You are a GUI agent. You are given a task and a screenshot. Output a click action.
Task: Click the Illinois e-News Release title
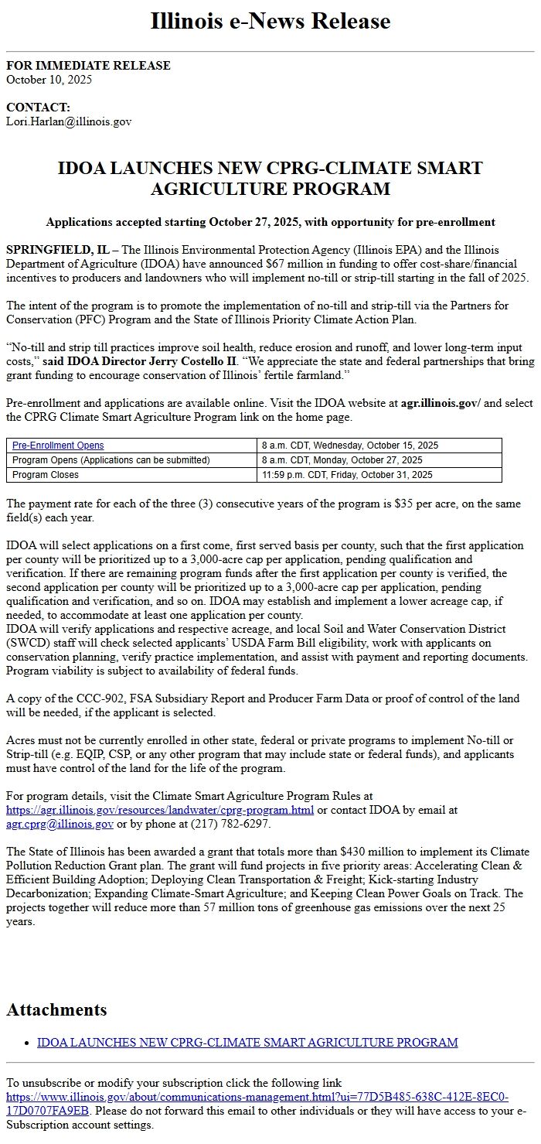tap(270, 21)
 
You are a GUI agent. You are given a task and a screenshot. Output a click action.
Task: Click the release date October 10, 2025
tap(49, 80)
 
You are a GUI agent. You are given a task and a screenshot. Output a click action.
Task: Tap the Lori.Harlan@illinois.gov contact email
tap(69, 121)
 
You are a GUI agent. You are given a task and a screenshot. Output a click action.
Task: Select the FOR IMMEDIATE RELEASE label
tap(88, 66)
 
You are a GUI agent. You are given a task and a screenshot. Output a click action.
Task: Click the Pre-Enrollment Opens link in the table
tap(58, 446)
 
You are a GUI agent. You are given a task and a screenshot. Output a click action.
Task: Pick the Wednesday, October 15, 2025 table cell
tap(349, 446)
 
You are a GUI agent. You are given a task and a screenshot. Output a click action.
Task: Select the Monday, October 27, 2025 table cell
tap(342, 460)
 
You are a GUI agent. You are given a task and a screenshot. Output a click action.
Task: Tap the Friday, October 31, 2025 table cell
tap(347, 475)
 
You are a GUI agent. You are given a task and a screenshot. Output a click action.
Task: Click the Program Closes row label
tap(46, 475)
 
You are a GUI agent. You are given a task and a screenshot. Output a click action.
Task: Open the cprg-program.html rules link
tap(160, 810)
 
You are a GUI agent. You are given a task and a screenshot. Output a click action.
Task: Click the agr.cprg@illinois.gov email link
tap(60, 824)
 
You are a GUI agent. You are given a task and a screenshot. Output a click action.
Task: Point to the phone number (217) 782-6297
tap(230, 824)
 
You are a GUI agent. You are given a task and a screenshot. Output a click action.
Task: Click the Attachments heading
tap(56, 1009)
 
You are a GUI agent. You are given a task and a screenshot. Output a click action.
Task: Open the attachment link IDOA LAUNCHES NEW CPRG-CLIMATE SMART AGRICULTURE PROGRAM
tap(247, 1043)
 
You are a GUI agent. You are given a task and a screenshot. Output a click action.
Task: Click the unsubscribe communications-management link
tap(257, 1104)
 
